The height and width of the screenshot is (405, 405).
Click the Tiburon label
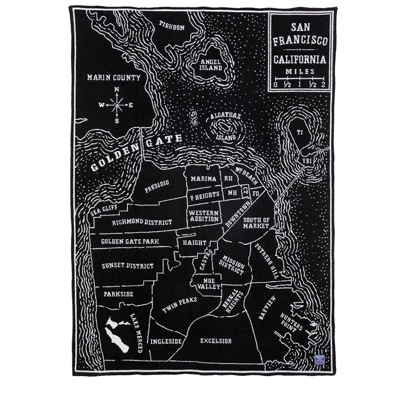pyautogui.click(x=172, y=28)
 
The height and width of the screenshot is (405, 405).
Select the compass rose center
pyautogui.click(x=117, y=105)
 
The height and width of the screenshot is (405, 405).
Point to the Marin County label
pyautogui.click(x=114, y=77)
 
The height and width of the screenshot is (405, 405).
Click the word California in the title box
pyautogui.click(x=300, y=60)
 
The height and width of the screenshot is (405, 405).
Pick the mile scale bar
pyautogui.click(x=300, y=78)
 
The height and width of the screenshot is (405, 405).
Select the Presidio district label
pyautogui.click(x=157, y=186)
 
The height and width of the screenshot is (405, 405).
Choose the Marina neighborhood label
pyautogui.click(x=203, y=179)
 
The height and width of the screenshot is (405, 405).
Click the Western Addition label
pyautogui.click(x=204, y=216)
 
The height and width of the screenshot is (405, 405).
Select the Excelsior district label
pyautogui.click(x=216, y=341)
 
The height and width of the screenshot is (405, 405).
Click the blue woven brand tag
pyautogui.click(x=320, y=359)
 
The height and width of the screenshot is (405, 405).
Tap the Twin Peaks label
pyautogui.click(x=179, y=305)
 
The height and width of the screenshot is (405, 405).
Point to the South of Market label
pyautogui.click(x=256, y=223)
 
